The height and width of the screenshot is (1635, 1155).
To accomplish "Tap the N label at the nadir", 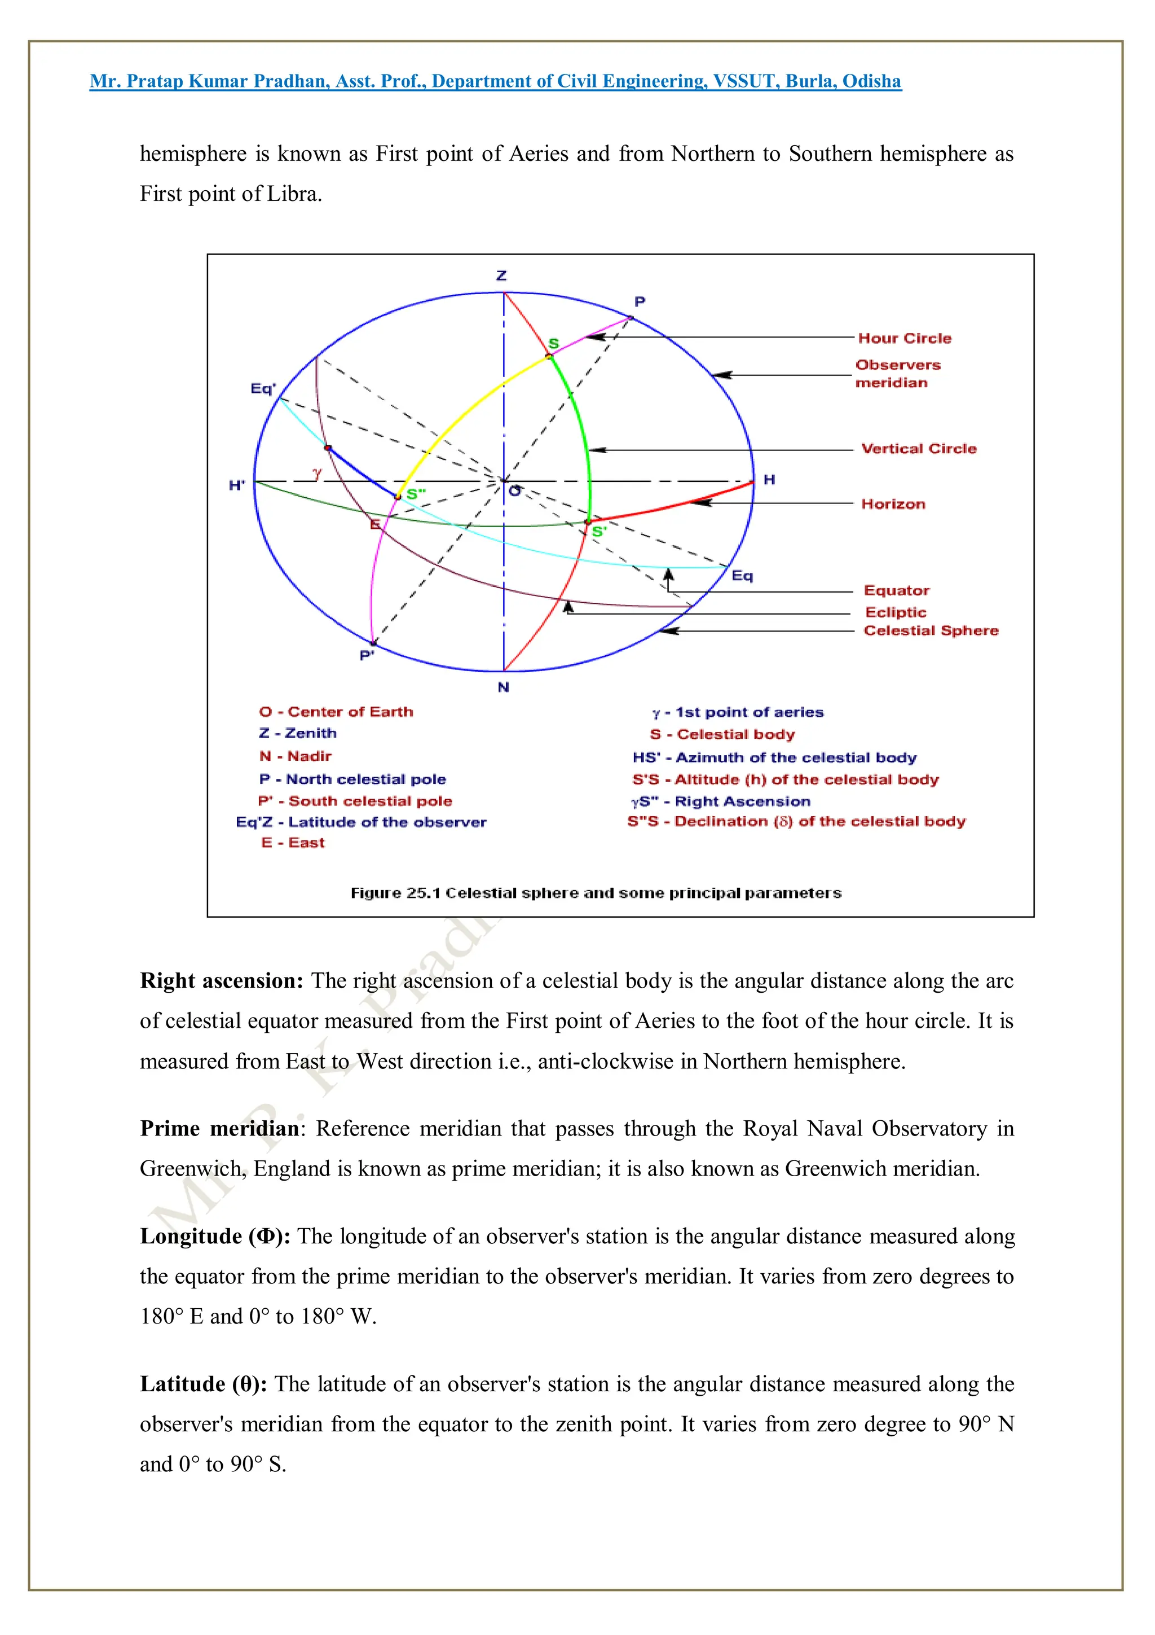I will [x=503, y=687].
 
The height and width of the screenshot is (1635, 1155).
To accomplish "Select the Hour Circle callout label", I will [x=904, y=338].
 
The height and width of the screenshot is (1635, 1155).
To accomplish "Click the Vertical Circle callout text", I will [x=918, y=449].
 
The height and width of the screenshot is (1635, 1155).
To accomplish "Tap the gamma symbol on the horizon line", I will [x=318, y=472].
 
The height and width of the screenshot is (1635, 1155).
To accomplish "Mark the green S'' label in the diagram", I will [x=416, y=493].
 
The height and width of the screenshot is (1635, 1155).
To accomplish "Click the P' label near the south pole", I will [x=367, y=655].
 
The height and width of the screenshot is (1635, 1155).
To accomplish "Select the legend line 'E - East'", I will [x=293, y=843].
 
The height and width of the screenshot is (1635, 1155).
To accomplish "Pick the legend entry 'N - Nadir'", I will [x=296, y=756].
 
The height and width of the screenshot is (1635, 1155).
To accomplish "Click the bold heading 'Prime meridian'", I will [x=219, y=1129].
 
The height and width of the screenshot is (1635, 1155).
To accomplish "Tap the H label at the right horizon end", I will [x=769, y=480].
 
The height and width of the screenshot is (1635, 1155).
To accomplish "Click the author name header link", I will [x=495, y=81].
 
